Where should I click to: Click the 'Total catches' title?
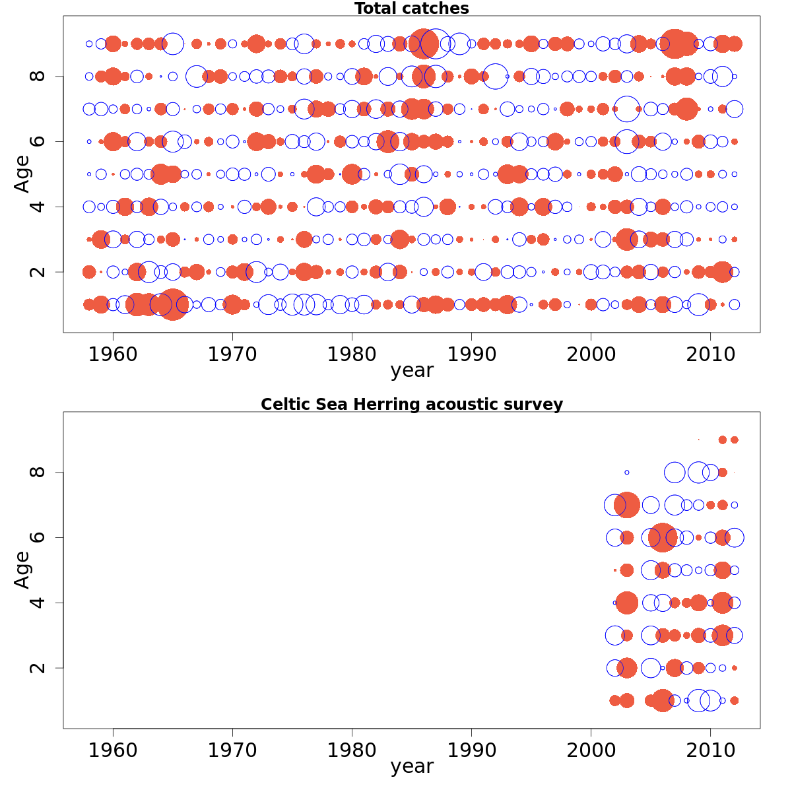coord(411,9)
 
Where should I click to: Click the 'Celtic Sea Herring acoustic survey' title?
coord(411,405)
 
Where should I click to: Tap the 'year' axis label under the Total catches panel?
coord(411,370)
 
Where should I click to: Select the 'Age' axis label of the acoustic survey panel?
coord(22,569)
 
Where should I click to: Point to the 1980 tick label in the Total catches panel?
coord(352,354)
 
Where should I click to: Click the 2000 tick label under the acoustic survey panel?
coord(591,750)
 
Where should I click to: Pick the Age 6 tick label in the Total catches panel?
coord(38,141)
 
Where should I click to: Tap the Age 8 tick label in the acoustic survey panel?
coord(38,473)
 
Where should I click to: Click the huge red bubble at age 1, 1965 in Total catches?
coord(173,304)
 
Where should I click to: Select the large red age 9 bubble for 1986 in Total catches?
coord(424,44)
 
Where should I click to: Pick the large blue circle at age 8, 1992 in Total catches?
coord(495,77)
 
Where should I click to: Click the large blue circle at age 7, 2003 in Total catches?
coord(627,109)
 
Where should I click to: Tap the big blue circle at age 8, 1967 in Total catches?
coord(197,77)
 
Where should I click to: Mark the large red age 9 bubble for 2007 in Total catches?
coord(675,44)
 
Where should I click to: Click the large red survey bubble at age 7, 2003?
coord(627,505)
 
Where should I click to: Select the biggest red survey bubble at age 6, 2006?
coord(663,537)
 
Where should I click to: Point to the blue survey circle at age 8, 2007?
coord(675,473)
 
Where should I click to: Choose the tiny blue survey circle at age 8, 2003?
coord(627,473)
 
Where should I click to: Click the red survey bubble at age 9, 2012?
coord(734,440)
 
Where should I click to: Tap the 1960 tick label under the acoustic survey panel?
coord(113,750)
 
